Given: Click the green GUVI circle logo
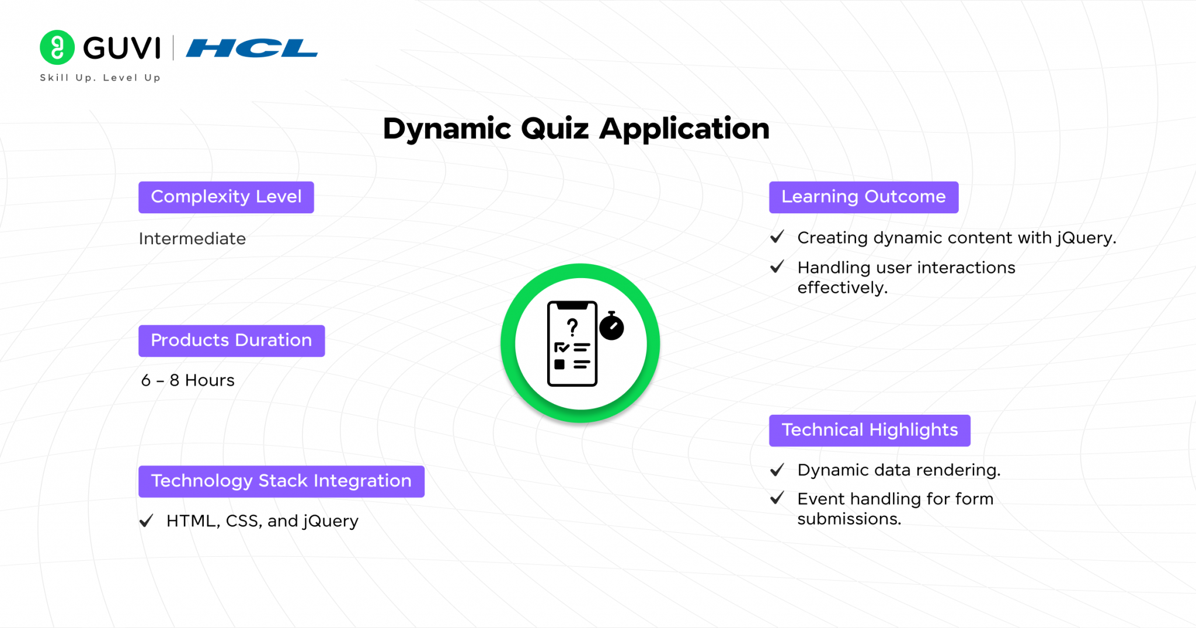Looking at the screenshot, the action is (57, 47).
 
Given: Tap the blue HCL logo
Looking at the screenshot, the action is (252, 48).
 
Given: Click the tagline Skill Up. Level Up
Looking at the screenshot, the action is (100, 78).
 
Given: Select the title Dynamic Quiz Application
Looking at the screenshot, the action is (576, 129).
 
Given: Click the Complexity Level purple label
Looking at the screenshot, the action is (226, 197).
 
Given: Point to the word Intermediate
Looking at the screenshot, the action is (192, 238).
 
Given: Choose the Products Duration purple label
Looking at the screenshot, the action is (231, 341).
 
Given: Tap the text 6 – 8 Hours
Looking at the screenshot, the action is (187, 380).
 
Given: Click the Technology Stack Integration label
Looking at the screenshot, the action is (281, 481).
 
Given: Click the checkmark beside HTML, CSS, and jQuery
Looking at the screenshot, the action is (147, 520).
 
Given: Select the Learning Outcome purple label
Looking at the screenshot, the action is (864, 197).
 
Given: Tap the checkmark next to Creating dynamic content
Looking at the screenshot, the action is (777, 237).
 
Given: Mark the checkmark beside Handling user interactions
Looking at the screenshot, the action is (777, 267).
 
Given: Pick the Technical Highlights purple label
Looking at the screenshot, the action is (870, 431).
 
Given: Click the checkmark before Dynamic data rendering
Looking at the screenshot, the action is (777, 470).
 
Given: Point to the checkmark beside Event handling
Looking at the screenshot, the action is (777, 498).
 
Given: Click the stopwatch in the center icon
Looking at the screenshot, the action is (611, 326).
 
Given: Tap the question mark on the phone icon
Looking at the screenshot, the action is (572, 327).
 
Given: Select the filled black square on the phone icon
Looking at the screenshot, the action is (559, 365).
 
